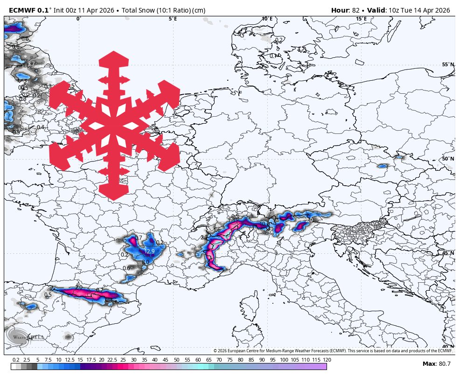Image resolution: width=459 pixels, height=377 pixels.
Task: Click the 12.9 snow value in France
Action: pos(149,251)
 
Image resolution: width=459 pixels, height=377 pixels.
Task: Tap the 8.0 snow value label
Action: pos(145,262)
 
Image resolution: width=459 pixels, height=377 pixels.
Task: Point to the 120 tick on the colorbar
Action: pos(327,360)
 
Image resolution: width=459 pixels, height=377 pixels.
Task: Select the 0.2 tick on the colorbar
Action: pos(16,360)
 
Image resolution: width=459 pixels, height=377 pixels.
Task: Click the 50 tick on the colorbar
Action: pos(176,360)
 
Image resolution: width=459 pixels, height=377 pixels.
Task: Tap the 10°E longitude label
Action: pos(267,19)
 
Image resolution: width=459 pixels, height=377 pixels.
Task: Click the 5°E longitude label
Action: pos(173,19)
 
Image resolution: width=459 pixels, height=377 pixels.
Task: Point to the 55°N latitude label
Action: pos(448,65)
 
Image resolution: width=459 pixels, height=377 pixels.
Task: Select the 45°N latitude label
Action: pos(448,253)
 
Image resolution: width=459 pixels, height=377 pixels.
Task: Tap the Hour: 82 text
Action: pos(345,10)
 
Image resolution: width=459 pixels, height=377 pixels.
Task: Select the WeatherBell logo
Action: pos(26,336)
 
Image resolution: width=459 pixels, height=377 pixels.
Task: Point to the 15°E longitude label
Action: pos(361,19)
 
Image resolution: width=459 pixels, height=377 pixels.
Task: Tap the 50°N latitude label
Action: pos(448,159)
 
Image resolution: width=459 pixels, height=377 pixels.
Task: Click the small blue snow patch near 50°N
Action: pos(382,166)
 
